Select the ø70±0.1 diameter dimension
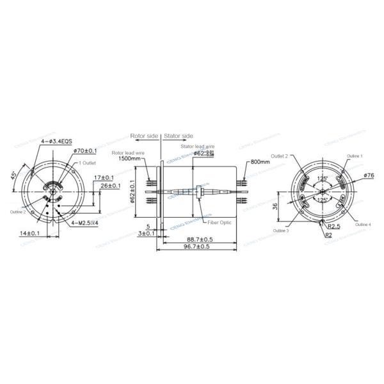point(84,150)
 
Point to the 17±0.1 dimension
point(104,177)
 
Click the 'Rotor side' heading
point(143,136)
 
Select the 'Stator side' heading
point(179,136)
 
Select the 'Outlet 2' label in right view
point(279,156)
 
